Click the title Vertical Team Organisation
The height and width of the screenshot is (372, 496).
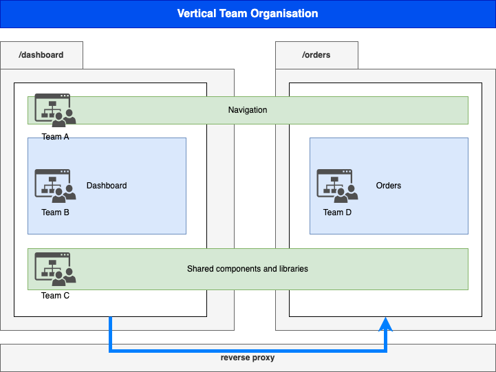(248, 14)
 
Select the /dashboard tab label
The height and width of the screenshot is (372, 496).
(42, 55)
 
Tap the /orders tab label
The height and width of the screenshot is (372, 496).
(316, 55)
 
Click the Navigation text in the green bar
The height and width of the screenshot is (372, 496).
(248, 110)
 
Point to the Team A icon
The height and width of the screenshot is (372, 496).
(55, 110)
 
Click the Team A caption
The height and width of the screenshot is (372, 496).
(55, 137)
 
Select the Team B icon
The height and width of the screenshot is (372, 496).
(55, 186)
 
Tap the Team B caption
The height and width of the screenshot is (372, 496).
(55, 212)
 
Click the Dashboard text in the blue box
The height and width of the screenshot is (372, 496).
(107, 186)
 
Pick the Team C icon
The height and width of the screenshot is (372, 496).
(55, 269)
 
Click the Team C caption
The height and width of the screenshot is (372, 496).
(55, 296)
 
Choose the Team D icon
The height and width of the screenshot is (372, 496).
(337, 186)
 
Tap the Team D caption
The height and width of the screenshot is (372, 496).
(337, 212)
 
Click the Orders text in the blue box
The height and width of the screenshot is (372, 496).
(389, 186)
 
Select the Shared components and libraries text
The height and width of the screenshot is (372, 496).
(248, 269)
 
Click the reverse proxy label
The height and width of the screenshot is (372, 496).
(248, 358)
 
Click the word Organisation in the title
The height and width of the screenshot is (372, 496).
(288, 14)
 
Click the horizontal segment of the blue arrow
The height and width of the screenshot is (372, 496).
(248, 351)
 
